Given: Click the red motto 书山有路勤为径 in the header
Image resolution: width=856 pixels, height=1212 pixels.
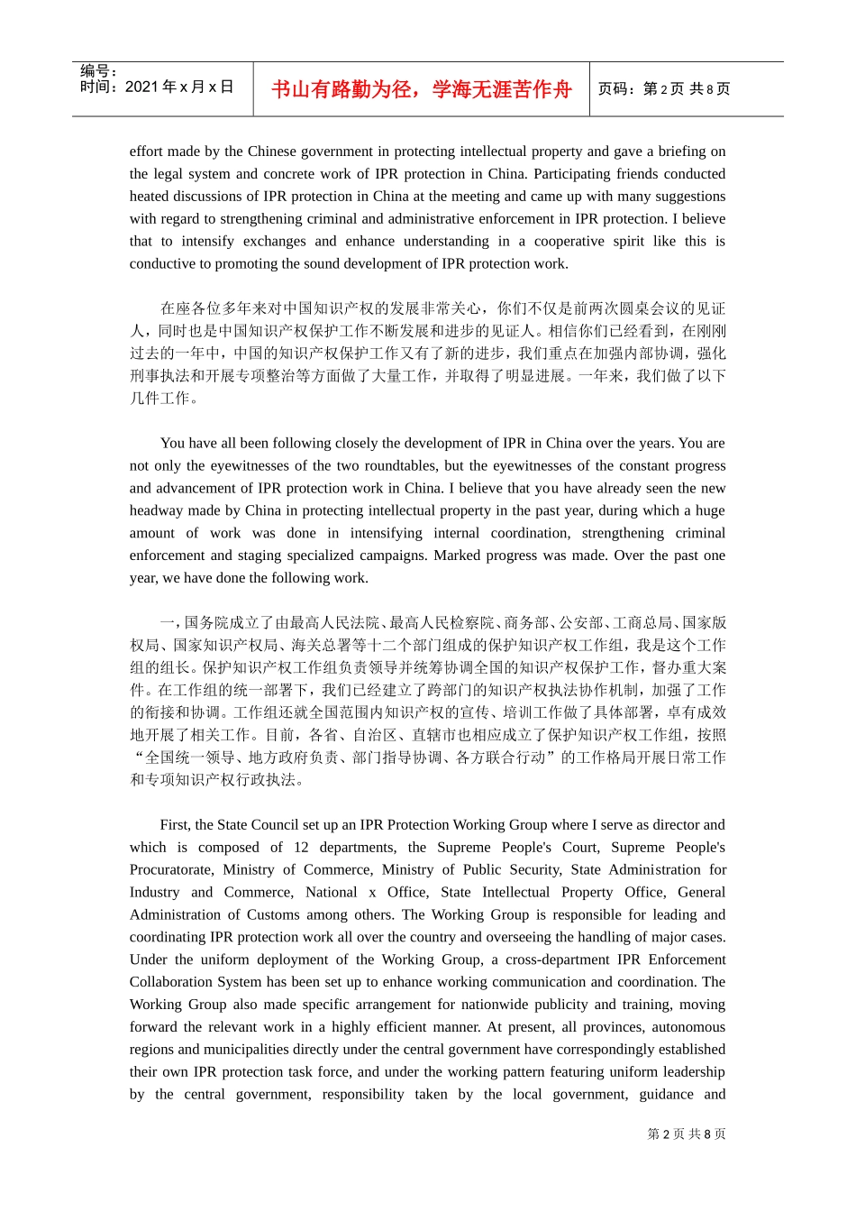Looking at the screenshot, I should [x=421, y=89].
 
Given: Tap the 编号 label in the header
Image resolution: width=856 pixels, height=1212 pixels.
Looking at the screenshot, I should [x=97, y=71].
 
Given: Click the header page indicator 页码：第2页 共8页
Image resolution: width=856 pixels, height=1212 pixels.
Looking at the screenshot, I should [x=664, y=89].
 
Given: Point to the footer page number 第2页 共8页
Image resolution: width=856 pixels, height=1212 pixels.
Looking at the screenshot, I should [x=686, y=1134].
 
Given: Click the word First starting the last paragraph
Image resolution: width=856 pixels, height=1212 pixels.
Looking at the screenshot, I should [x=173, y=825].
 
